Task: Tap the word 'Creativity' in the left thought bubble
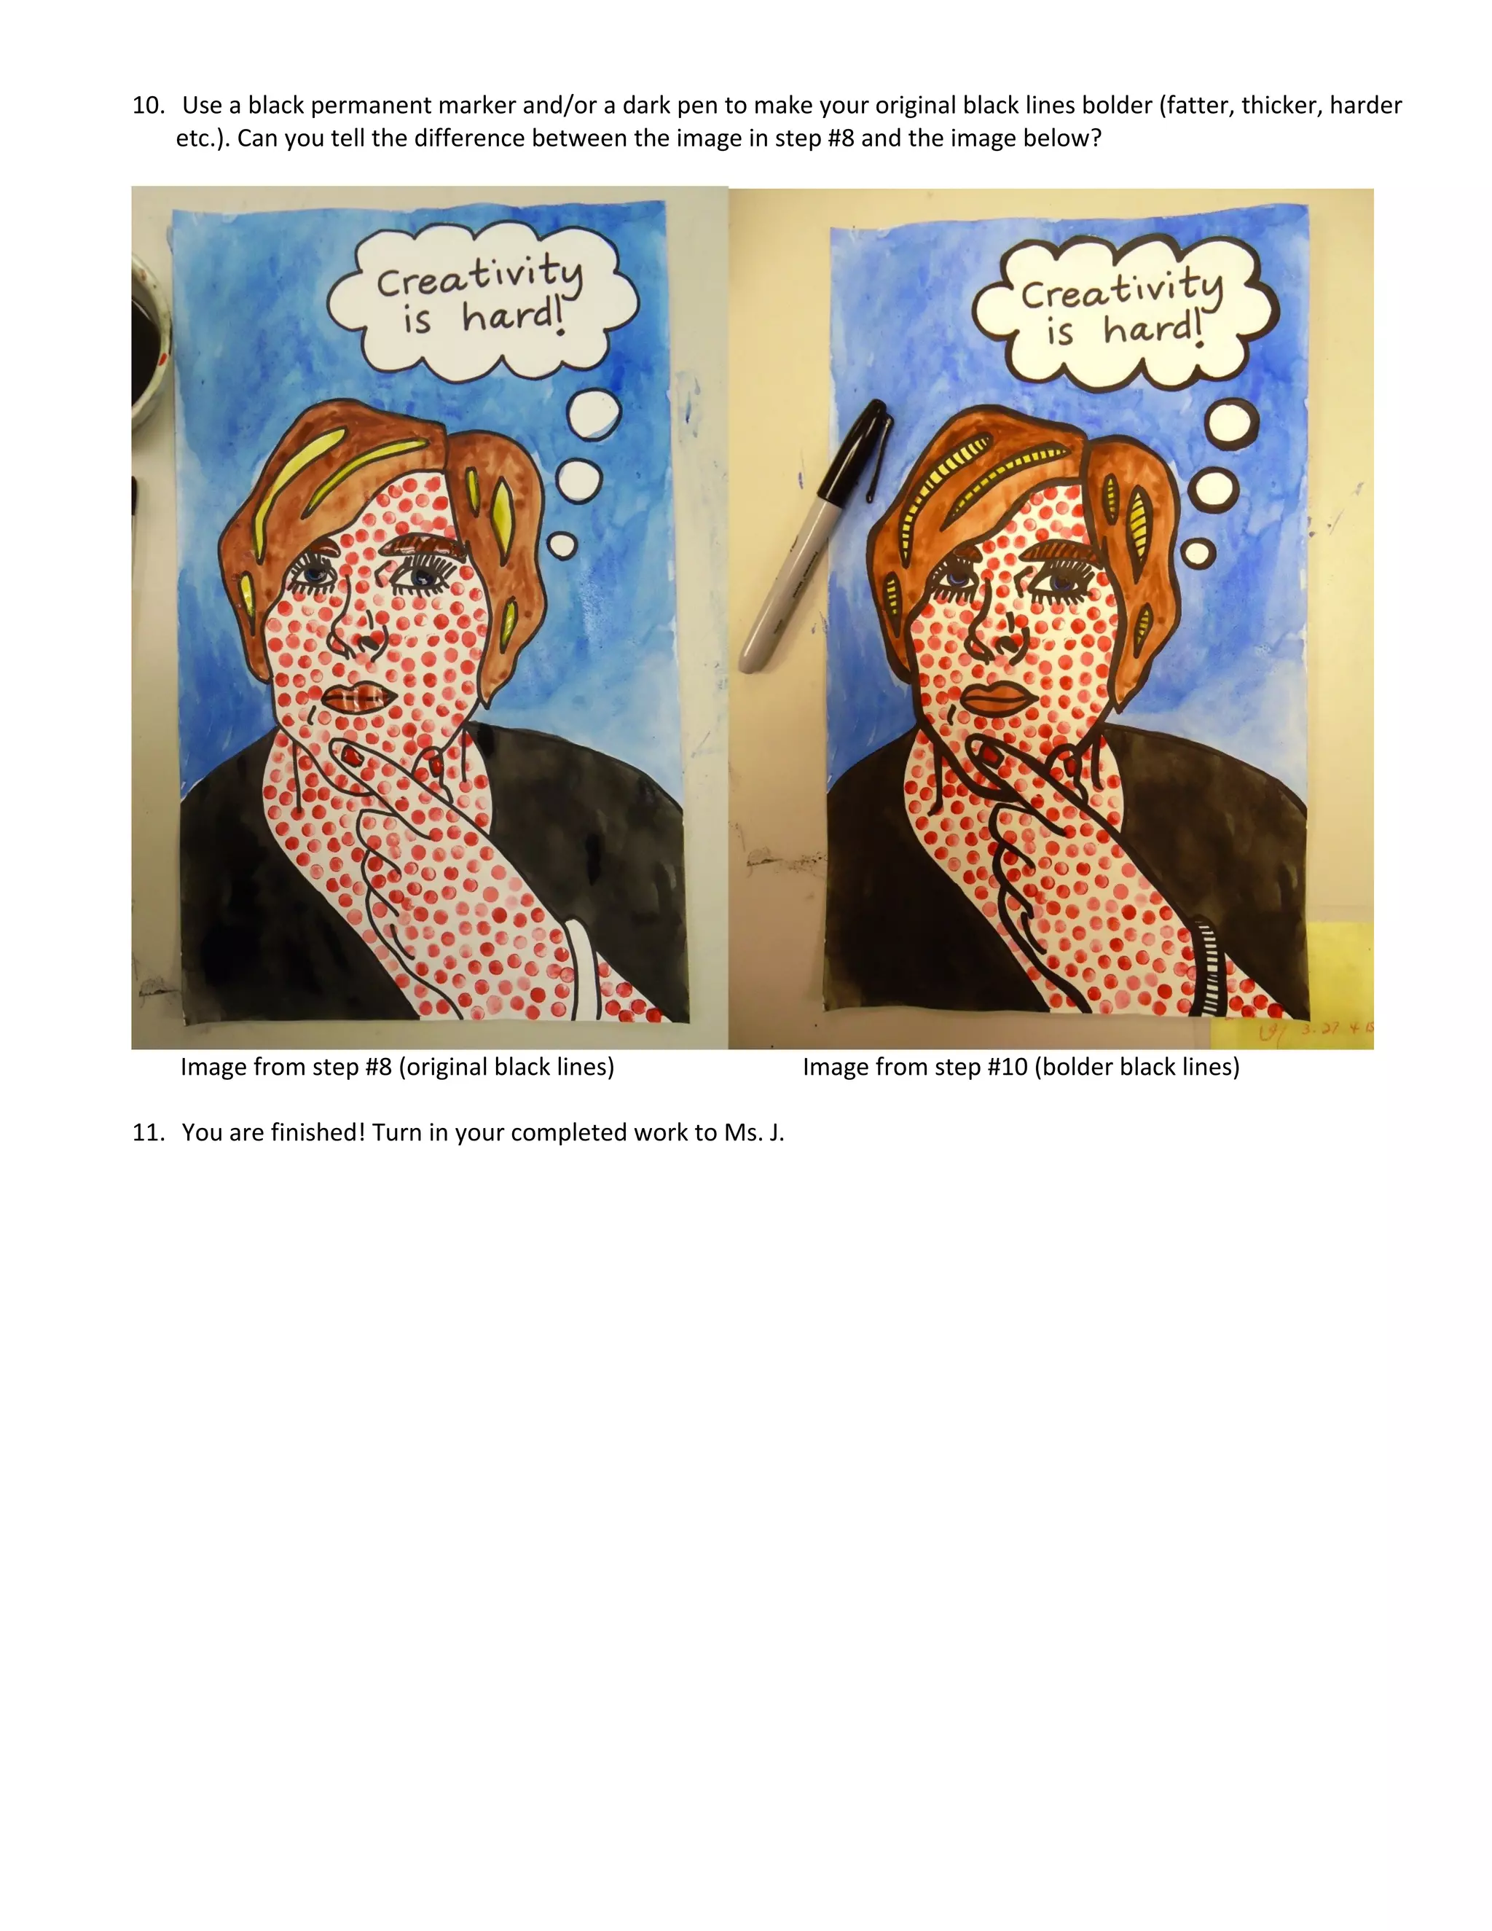tap(480, 276)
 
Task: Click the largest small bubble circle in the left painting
tap(593, 414)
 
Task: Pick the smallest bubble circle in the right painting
tap(1198, 552)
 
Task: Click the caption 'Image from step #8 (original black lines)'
tap(397, 1068)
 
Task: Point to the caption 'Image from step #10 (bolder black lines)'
tap(1021, 1068)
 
